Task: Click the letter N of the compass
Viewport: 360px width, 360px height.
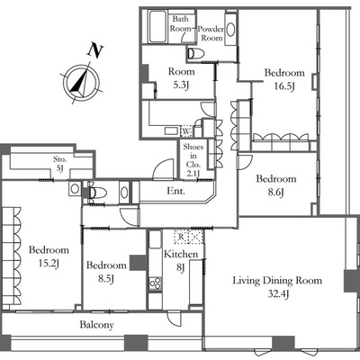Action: coord(95,51)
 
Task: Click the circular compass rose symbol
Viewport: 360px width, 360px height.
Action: coord(81,81)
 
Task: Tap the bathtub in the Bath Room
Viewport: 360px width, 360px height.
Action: coord(157,27)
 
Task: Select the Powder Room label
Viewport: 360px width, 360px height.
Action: coord(211,33)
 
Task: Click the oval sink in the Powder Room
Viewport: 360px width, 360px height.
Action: coord(230,30)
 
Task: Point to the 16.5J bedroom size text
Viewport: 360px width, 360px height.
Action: coord(284,86)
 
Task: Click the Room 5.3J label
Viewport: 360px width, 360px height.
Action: coord(181,78)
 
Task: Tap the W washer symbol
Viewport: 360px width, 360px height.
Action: coord(186,131)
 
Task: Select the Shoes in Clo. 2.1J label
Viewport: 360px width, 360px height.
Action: coord(193,160)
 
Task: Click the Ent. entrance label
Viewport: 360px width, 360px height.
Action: coord(176,191)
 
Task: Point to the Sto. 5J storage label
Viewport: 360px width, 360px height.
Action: coord(60,164)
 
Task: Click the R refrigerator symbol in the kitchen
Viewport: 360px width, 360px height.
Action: coord(181,237)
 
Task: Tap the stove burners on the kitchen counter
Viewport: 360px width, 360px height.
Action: coord(156,283)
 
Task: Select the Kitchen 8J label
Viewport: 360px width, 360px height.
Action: coord(181,260)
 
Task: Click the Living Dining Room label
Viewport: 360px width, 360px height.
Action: coord(277,281)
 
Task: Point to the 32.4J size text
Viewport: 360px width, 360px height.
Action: coord(278,294)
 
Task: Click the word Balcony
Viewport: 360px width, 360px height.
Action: coord(96,325)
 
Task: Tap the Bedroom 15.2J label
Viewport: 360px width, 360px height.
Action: coord(49,256)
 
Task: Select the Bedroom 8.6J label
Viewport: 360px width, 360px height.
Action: coord(276,185)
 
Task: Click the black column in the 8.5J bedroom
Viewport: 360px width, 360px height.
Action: coord(138,263)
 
